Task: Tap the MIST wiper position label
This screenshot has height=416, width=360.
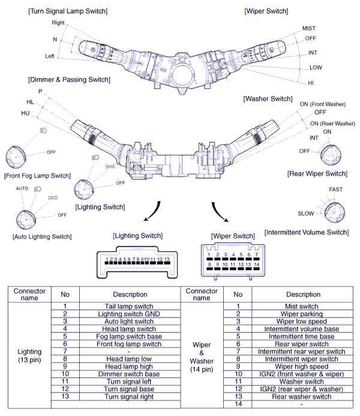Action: point(309,28)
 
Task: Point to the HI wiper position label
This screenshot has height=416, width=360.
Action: point(311,82)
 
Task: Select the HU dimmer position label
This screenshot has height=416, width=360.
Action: point(25,112)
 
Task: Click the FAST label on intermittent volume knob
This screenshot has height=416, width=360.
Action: point(336,189)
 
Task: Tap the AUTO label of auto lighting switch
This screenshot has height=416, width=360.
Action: point(22,188)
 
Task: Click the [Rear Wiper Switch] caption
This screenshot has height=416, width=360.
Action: point(317,173)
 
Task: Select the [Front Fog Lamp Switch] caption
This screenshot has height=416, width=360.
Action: point(37,176)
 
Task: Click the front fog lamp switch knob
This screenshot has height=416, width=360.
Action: point(16,157)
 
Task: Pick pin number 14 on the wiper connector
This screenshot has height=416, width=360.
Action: point(256,264)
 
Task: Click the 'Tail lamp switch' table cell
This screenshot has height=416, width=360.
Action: point(130,306)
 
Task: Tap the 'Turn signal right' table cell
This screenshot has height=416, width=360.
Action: point(130,396)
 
